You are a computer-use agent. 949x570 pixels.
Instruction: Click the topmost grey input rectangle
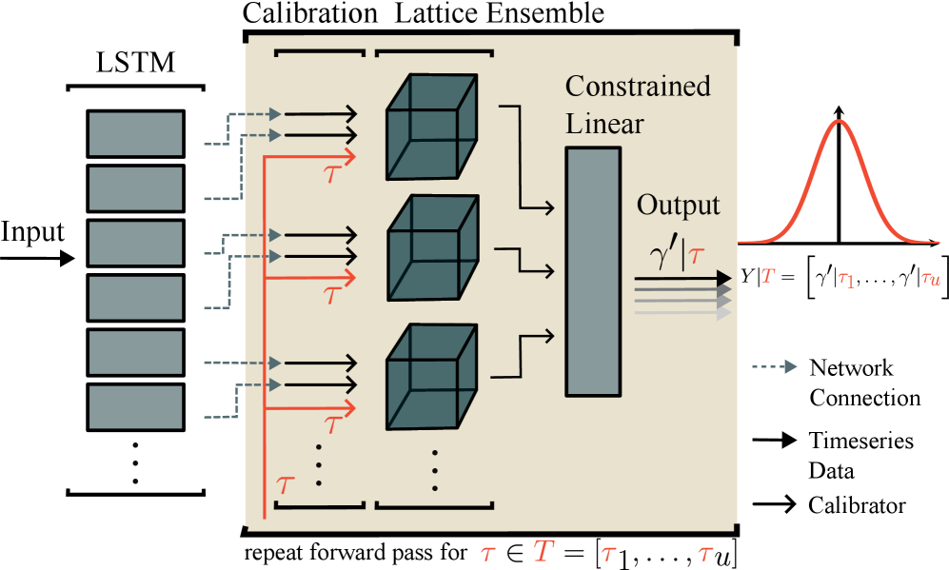pyautogui.click(x=135, y=133)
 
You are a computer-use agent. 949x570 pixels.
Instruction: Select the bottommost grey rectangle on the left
pyautogui.click(x=135, y=407)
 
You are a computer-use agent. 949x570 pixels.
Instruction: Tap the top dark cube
pyautogui.click(x=431, y=127)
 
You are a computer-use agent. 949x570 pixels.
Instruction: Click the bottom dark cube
pyautogui.click(x=431, y=377)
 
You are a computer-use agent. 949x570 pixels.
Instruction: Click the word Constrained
pyautogui.click(x=638, y=87)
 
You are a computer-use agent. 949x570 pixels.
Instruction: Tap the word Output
pyautogui.click(x=678, y=206)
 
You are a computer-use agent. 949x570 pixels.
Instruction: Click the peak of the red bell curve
pyautogui.click(x=838, y=121)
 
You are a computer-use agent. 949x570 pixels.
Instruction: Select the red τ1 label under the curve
pyautogui.click(x=845, y=278)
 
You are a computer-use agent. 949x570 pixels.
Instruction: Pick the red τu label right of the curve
pyautogui.click(x=930, y=277)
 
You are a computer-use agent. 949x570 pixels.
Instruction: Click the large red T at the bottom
pyautogui.click(x=543, y=551)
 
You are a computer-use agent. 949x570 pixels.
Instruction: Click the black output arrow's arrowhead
pyautogui.click(x=723, y=278)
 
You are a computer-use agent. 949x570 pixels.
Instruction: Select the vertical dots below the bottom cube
pyautogui.click(x=435, y=470)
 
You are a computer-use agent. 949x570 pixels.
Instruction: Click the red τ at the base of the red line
pyautogui.click(x=286, y=483)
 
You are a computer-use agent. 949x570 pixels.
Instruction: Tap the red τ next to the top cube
pyautogui.click(x=333, y=174)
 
